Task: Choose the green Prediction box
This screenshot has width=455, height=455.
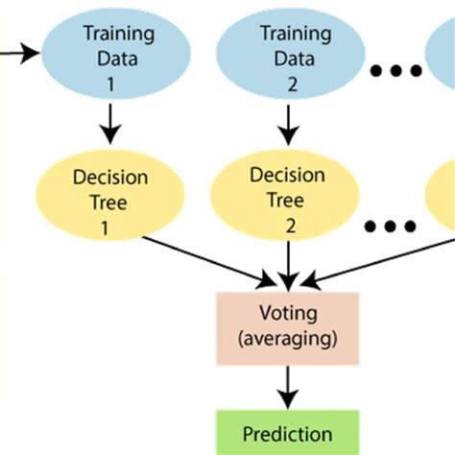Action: click(x=286, y=434)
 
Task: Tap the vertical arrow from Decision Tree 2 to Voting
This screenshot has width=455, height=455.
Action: click(x=286, y=261)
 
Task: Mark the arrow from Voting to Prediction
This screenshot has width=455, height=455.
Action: click(x=286, y=386)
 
